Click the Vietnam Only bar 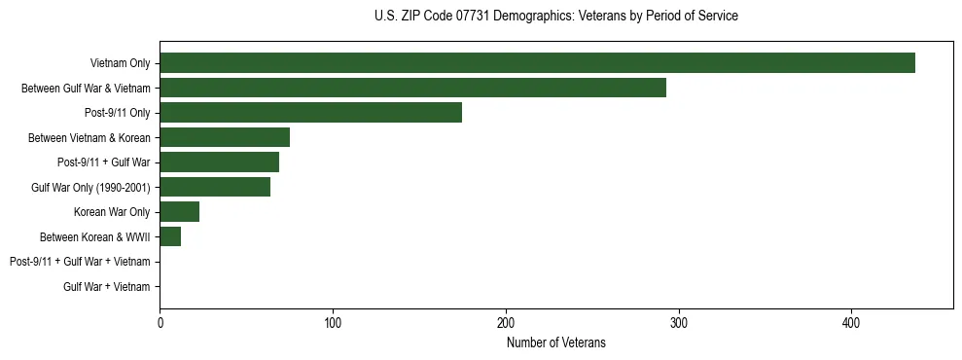tap(537, 63)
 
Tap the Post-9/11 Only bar tap(310, 113)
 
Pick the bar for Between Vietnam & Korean tap(225, 137)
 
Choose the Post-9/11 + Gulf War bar tap(219, 162)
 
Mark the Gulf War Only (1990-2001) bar tap(215, 187)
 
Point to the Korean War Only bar tap(179, 212)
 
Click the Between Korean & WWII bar tap(170, 236)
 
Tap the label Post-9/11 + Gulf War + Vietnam tap(80, 262)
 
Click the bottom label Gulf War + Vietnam tap(107, 286)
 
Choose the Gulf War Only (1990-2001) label tap(90, 187)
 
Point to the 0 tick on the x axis tap(160, 323)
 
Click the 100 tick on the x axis tap(333, 323)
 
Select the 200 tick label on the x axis tap(506, 323)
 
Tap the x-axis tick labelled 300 tap(679, 323)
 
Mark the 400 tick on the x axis tap(851, 323)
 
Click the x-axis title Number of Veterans tap(556, 342)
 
